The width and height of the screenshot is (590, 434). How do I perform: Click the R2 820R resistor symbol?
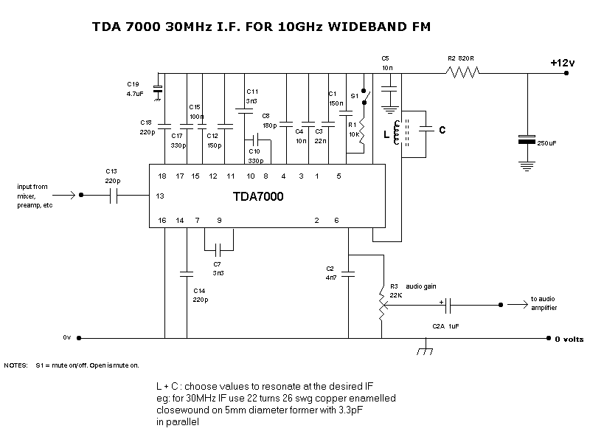(x=462, y=72)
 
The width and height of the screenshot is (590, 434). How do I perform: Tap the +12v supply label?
(x=562, y=63)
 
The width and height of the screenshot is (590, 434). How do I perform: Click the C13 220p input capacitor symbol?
(x=115, y=196)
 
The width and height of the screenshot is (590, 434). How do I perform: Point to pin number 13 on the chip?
(x=160, y=196)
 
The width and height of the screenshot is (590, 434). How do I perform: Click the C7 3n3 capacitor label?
(x=217, y=268)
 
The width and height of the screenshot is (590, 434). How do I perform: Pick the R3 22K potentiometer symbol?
(x=381, y=304)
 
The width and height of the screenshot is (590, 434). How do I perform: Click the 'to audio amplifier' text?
(x=544, y=303)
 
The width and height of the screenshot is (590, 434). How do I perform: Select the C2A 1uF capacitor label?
(x=445, y=326)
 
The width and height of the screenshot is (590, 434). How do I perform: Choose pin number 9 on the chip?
(x=219, y=221)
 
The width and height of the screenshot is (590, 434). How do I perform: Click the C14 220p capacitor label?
(x=200, y=296)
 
